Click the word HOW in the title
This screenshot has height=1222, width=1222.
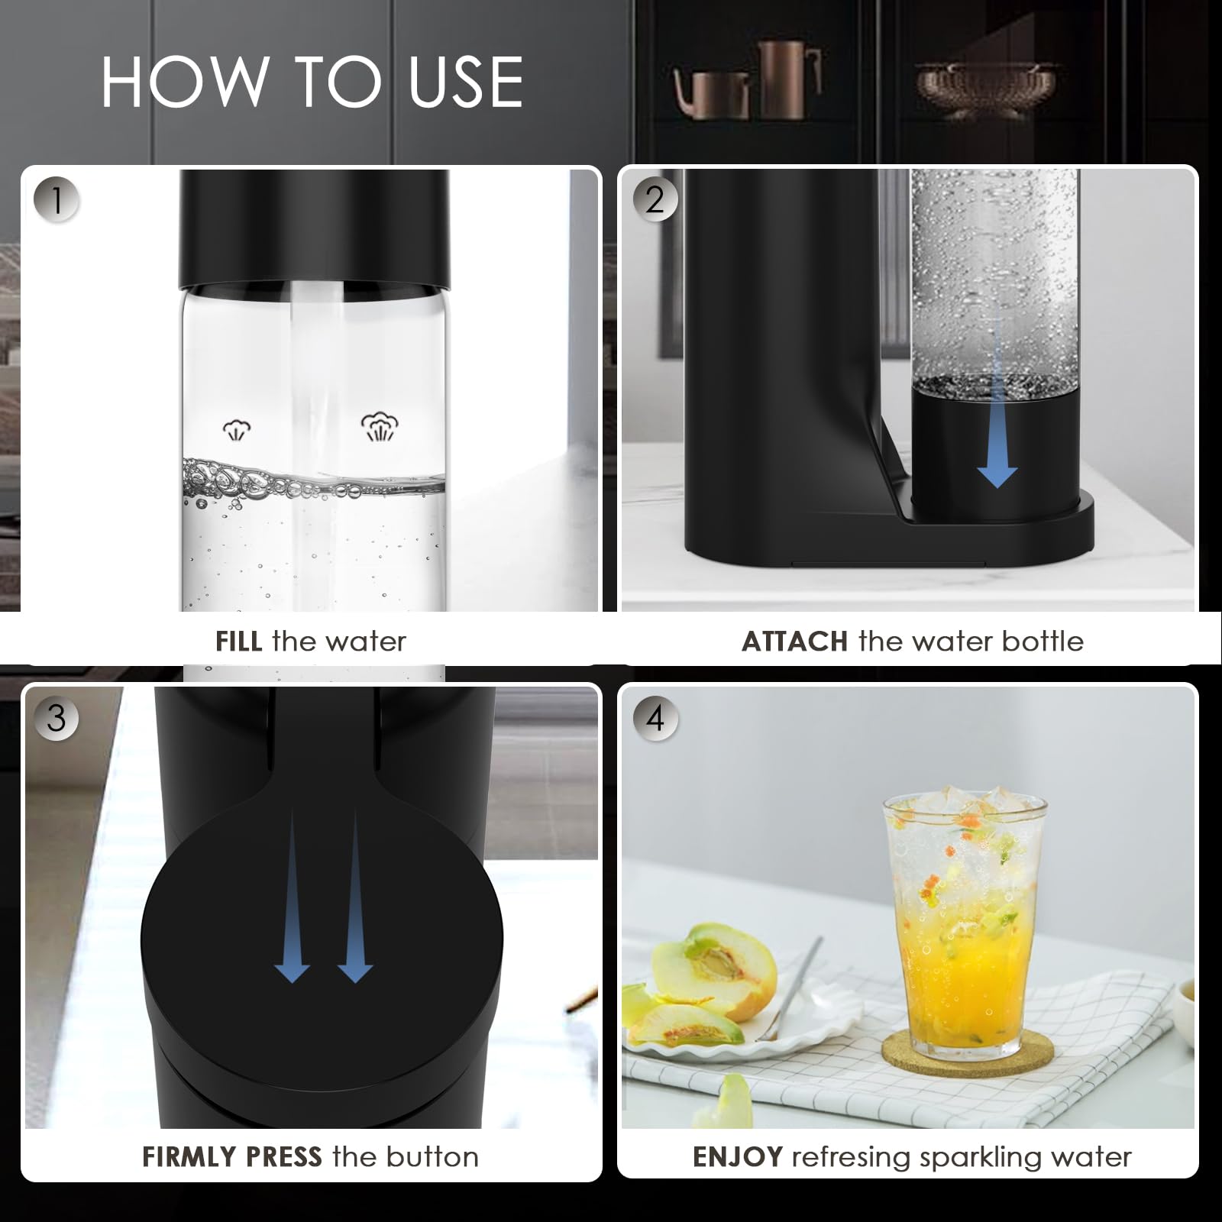click(x=183, y=82)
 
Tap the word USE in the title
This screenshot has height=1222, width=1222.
click(x=466, y=82)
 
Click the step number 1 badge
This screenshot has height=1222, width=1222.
click(x=57, y=200)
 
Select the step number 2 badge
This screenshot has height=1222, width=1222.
click(x=655, y=200)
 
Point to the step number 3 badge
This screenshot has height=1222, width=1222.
click(x=57, y=718)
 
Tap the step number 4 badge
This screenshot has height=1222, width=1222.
click(x=655, y=718)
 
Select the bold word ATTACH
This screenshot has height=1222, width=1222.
click(x=794, y=641)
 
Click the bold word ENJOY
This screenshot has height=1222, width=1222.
click(x=737, y=1157)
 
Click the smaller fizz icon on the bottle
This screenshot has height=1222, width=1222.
click(x=237, y=430)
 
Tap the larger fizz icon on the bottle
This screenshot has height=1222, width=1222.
click(x=380, y=428)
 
